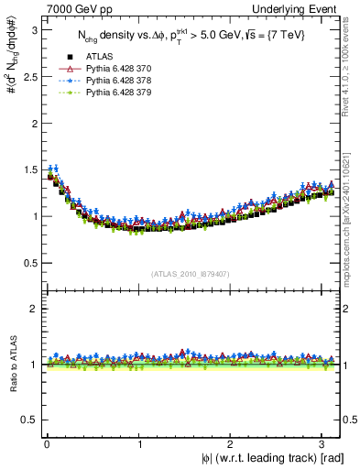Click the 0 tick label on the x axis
tap(47, 444)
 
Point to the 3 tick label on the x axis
tap(324, 444)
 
